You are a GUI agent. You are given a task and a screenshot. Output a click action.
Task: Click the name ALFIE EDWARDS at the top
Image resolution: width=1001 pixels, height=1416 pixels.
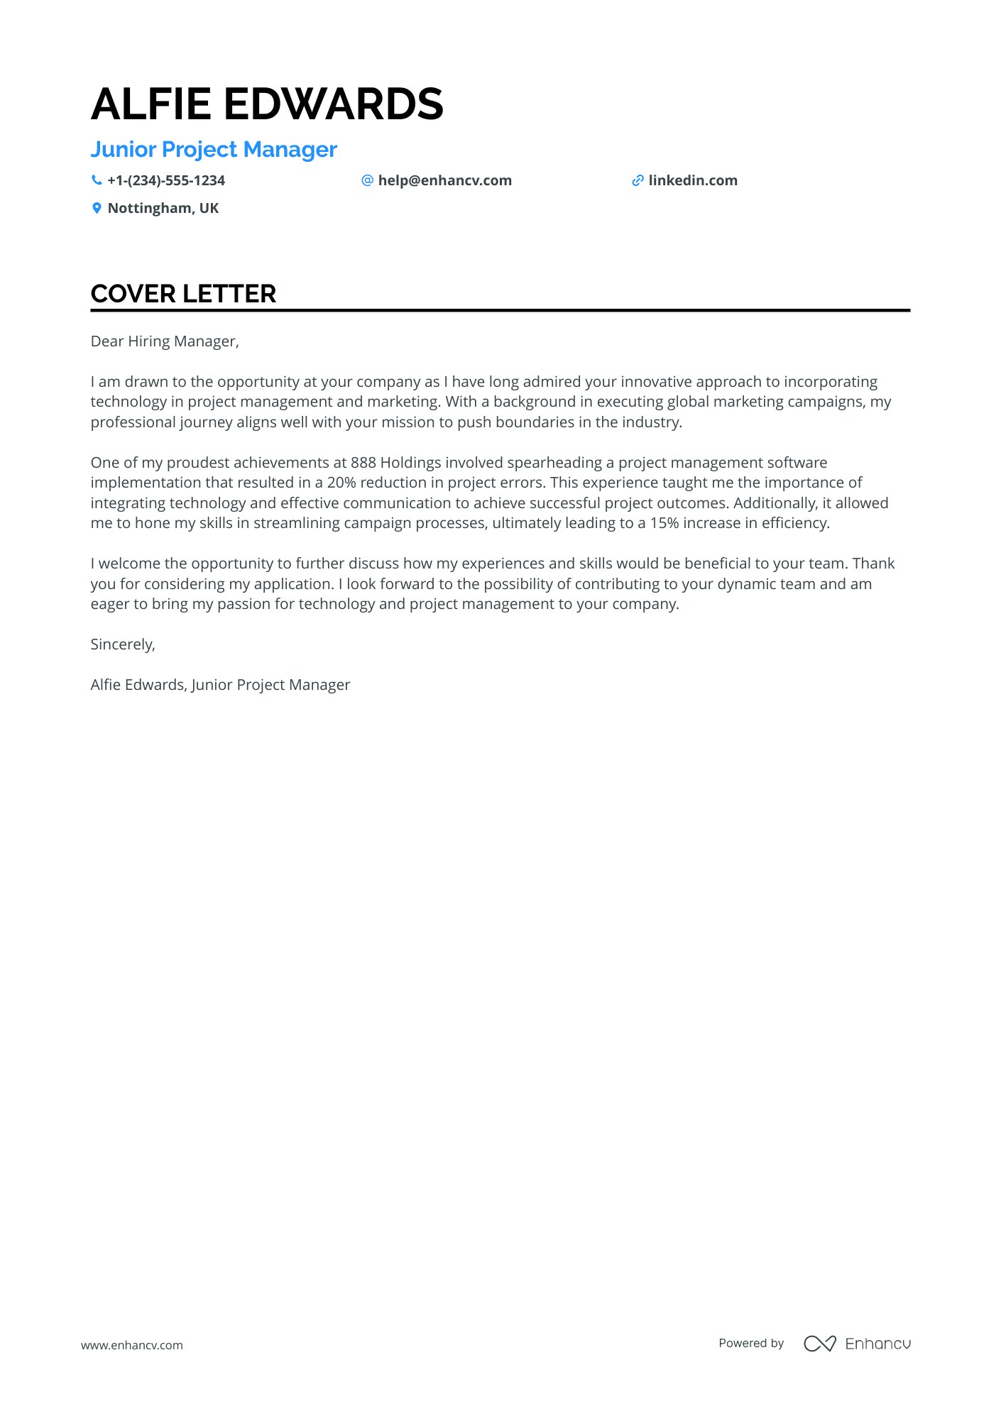click(267, 104)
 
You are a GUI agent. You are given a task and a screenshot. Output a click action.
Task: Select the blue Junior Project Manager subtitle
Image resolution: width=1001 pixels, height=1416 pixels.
click(214, 150)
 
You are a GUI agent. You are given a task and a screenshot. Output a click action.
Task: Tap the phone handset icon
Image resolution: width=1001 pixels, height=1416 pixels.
click(97, 180)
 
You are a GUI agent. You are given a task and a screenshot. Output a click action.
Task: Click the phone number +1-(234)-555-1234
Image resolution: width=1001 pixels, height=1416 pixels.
click(166, 180)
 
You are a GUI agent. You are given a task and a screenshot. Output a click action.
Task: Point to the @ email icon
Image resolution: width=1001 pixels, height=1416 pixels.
click(367, 180)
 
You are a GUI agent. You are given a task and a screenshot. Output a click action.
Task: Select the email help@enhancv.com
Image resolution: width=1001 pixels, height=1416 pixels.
click(444, 180)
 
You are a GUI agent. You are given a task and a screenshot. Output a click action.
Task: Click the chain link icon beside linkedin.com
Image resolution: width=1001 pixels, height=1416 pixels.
click(638, 180)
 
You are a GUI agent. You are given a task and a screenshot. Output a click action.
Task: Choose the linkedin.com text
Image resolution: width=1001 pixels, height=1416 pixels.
click(693, 180)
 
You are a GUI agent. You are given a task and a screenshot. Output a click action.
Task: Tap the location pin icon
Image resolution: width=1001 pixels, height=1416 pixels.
click(97, 208)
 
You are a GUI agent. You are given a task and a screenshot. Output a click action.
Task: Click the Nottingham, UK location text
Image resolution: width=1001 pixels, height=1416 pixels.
click(163, 208)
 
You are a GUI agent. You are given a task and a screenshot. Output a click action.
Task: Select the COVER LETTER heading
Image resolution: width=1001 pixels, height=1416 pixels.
click(183, 294)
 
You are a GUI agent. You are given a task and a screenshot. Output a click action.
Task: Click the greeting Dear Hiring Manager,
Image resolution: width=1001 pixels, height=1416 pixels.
click(165, 341)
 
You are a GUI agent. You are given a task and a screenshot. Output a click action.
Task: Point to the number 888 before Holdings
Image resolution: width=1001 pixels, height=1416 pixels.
click(363, 463)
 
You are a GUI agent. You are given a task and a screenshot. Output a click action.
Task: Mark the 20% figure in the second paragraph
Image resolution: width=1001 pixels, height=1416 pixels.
click(341, 483)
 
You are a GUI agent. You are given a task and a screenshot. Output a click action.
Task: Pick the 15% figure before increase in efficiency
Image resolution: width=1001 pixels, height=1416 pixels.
click(664, 523)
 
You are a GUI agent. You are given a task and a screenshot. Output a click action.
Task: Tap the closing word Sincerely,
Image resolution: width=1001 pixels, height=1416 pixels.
click(123, 644)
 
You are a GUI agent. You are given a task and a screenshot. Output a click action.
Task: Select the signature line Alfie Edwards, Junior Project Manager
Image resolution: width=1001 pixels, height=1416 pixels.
click(220, 685)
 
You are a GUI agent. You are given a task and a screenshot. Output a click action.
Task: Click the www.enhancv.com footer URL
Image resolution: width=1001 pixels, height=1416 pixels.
click(132, 1345)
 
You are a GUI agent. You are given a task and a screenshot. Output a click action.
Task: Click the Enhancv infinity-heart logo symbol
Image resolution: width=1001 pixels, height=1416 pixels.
click(819, 1344)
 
